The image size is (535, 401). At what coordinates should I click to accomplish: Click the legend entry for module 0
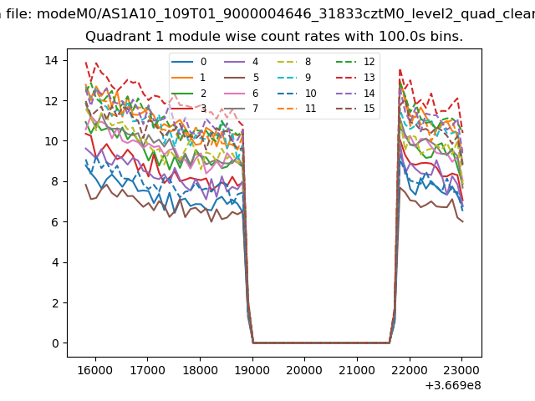[x=202, y=62]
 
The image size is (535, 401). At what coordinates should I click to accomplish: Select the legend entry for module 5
[x=256, y=78]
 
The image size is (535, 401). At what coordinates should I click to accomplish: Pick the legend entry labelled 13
[x=369, y=78]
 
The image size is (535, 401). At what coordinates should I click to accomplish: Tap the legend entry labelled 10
[x=310, y=93]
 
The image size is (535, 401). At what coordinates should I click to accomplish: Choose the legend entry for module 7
[x=256, y=109]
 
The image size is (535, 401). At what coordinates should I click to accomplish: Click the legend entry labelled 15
[x=369, y=109]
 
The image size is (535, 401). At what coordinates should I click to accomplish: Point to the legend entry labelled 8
[x=308, y=62]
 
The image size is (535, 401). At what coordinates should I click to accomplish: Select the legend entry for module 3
[x=202, y=109]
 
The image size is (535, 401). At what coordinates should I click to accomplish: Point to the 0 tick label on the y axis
[x=53, y=343]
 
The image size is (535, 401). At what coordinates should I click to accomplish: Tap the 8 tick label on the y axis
[x=53, y=181]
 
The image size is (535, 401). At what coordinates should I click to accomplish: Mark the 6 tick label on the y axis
[x=53, y=222]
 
